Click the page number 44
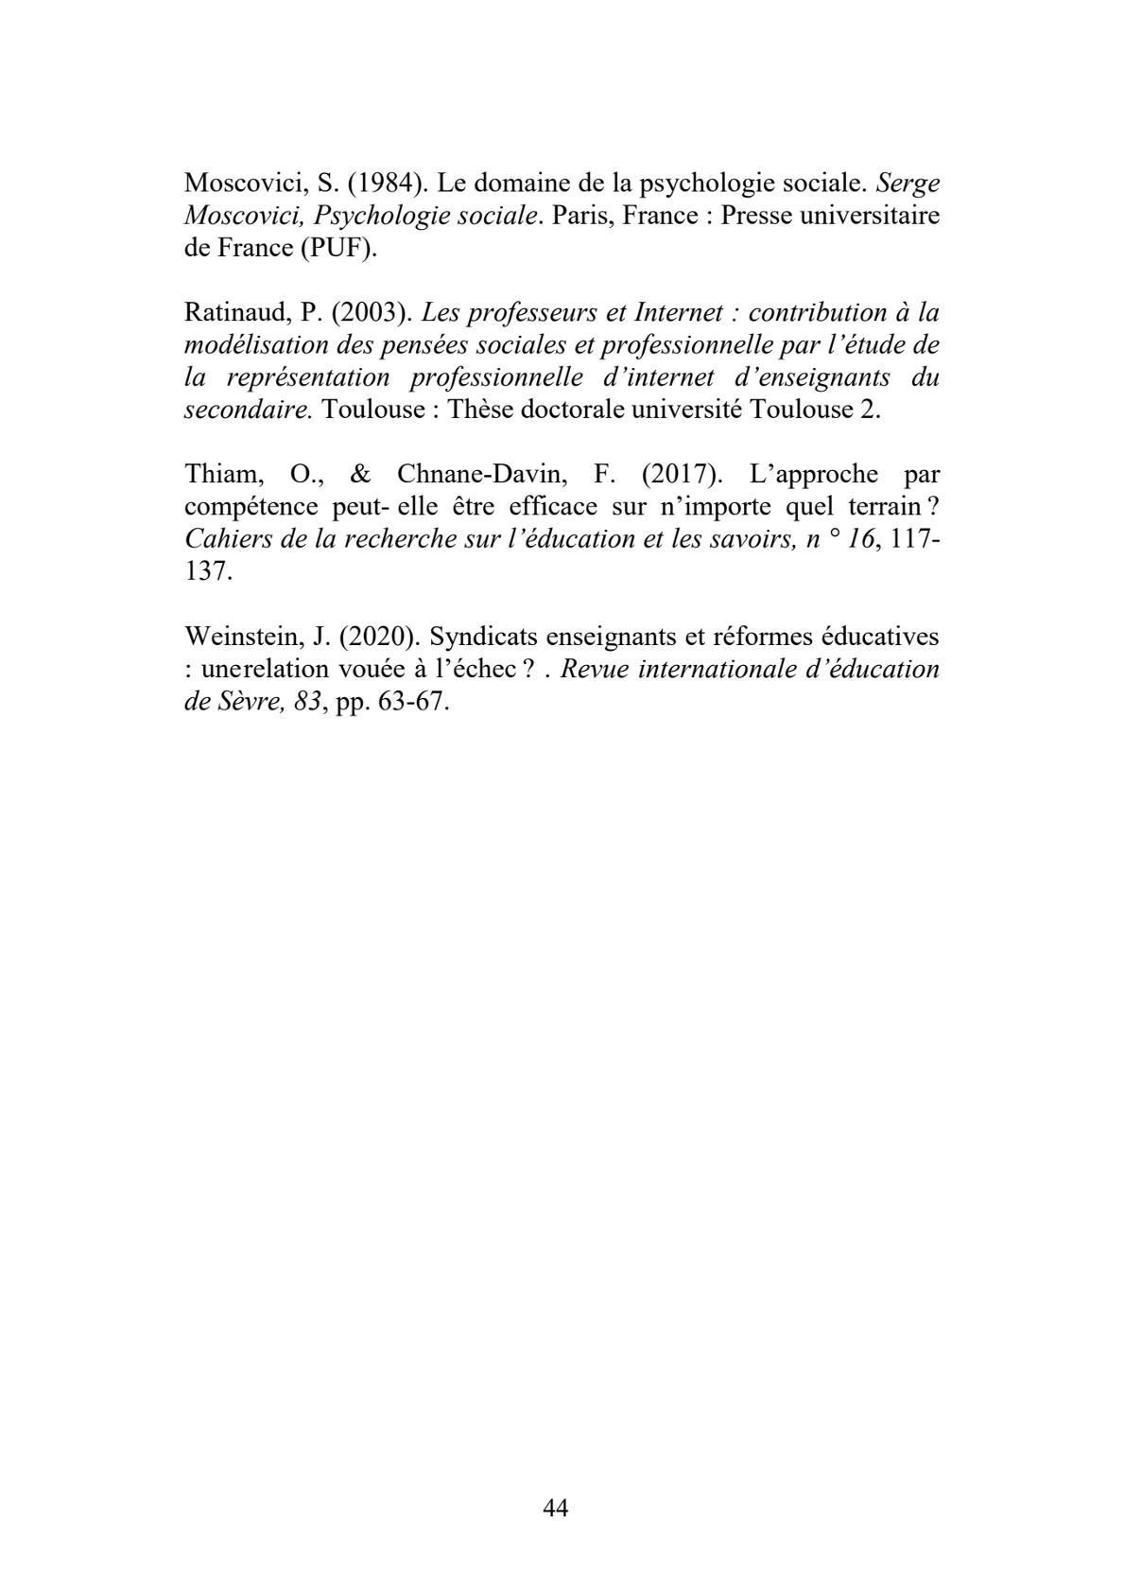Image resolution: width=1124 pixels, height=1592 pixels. pyautogui.click(x=556, y=1508)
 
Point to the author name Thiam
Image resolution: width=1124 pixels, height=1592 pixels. pyautogui.click(x=217, y=474)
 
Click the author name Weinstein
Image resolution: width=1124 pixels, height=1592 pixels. pyautogui.click(x=239, y=636)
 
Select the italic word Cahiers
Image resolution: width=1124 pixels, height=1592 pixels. pyautogui.click(x=223, y=538)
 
